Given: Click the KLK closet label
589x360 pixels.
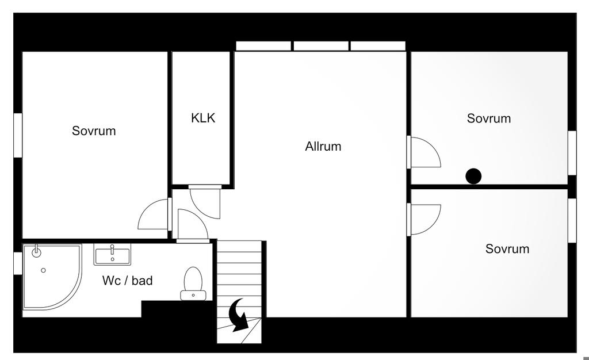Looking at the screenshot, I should coord(203,118).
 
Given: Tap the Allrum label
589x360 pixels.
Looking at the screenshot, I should coord(323,147).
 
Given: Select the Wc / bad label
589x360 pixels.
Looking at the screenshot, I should coord(127,281).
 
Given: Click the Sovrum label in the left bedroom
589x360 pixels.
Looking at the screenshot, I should coord(94,131).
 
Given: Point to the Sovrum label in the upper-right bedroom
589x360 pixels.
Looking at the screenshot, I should coord(488,119).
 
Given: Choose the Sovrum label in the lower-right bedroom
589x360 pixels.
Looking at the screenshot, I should coord(507,249).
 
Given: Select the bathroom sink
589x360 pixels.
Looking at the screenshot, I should coord(112,254).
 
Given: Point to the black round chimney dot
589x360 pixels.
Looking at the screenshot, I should coord(473,176).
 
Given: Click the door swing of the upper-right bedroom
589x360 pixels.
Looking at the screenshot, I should coord(424,152).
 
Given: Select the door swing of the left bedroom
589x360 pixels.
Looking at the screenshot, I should coord(154,215).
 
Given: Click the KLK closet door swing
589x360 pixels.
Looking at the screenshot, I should coord(205,202).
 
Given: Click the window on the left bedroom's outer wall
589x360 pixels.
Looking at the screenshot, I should coord(18,135).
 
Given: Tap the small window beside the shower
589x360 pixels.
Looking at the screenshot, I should coord(18,262).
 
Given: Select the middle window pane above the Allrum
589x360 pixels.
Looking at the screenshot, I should coord(322,46).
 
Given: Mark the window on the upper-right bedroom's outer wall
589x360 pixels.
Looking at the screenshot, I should coord(572,152).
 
